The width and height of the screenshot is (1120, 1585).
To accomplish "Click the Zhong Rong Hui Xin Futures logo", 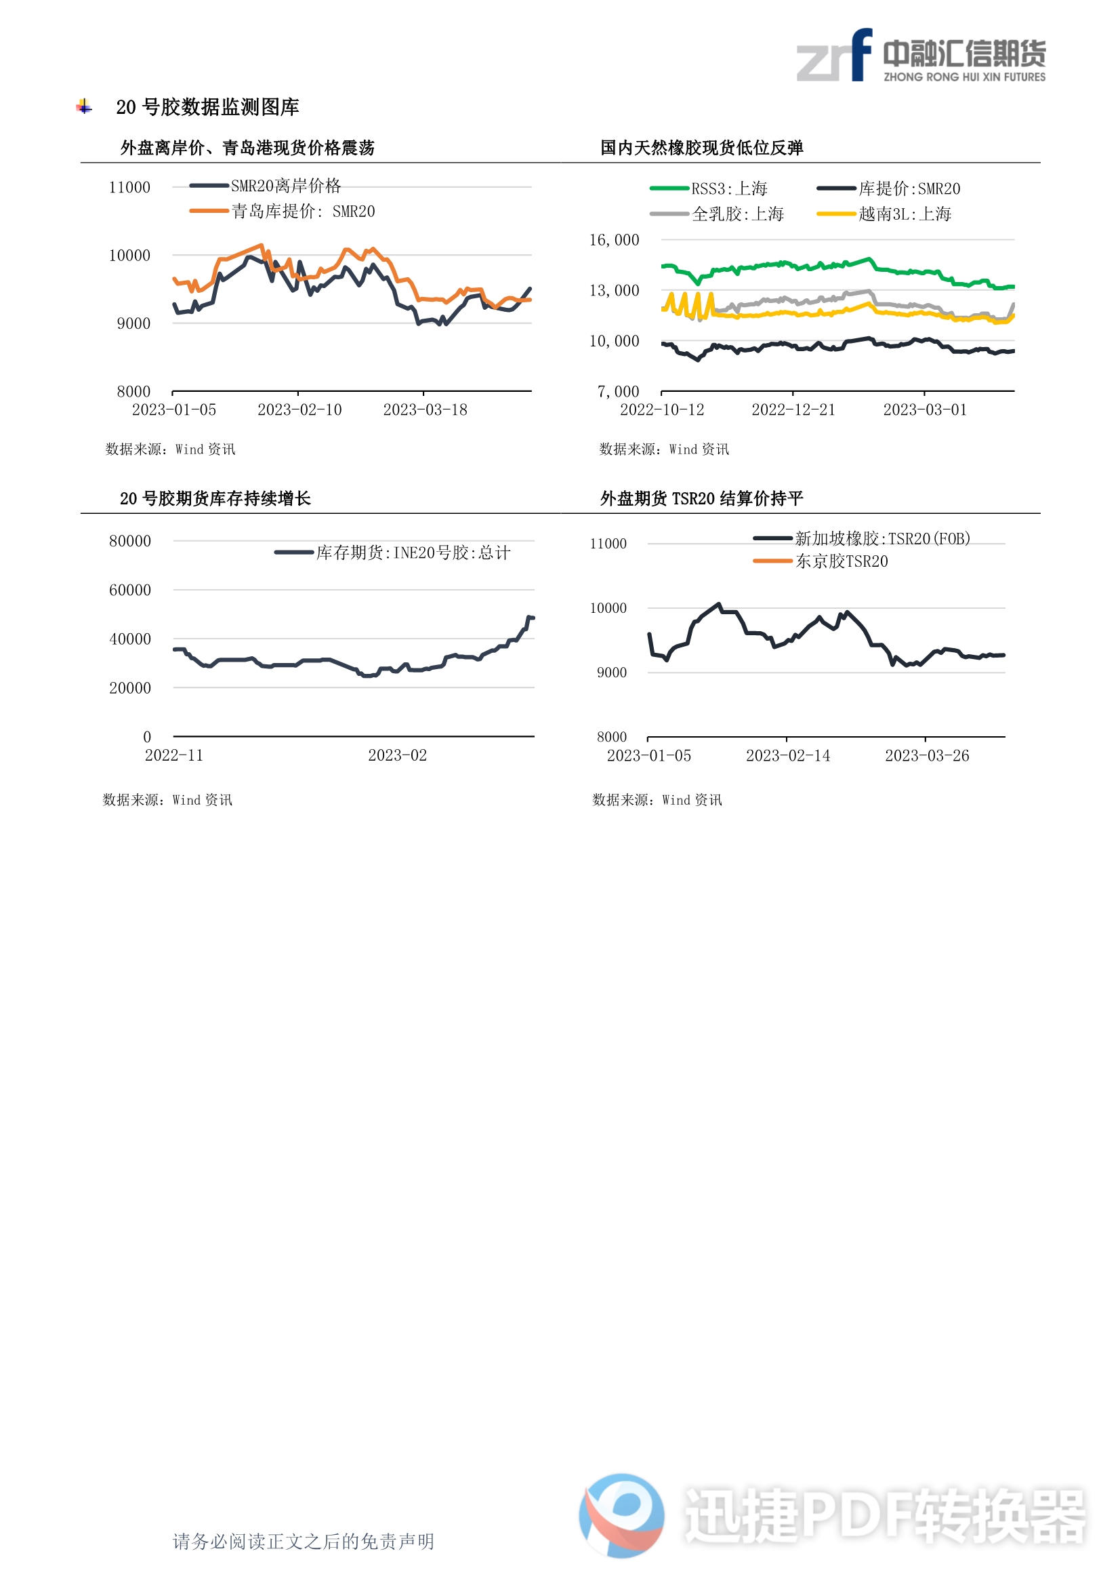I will [x=921, y=56].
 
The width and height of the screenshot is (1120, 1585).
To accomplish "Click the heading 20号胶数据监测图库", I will [x=207, y=107].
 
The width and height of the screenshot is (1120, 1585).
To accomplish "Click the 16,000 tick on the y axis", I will [x=613, y=240].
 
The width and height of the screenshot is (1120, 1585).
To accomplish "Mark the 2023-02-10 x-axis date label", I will [x=299, y=410].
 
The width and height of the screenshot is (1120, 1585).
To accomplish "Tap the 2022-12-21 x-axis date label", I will [x=793, y=410].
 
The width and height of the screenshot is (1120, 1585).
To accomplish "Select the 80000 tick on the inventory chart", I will [x=129, y=541].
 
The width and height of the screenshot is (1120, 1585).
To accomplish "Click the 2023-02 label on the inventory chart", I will [x=398, y=755].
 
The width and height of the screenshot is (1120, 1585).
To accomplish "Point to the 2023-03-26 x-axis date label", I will [x=927, y=756].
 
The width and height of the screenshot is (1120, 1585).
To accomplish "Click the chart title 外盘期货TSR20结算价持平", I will [x=701, y=498].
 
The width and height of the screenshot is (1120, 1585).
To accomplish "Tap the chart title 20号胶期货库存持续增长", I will [x=215, y=498].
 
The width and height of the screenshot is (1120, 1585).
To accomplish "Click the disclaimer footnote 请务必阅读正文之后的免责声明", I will [x=303, y=1542].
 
